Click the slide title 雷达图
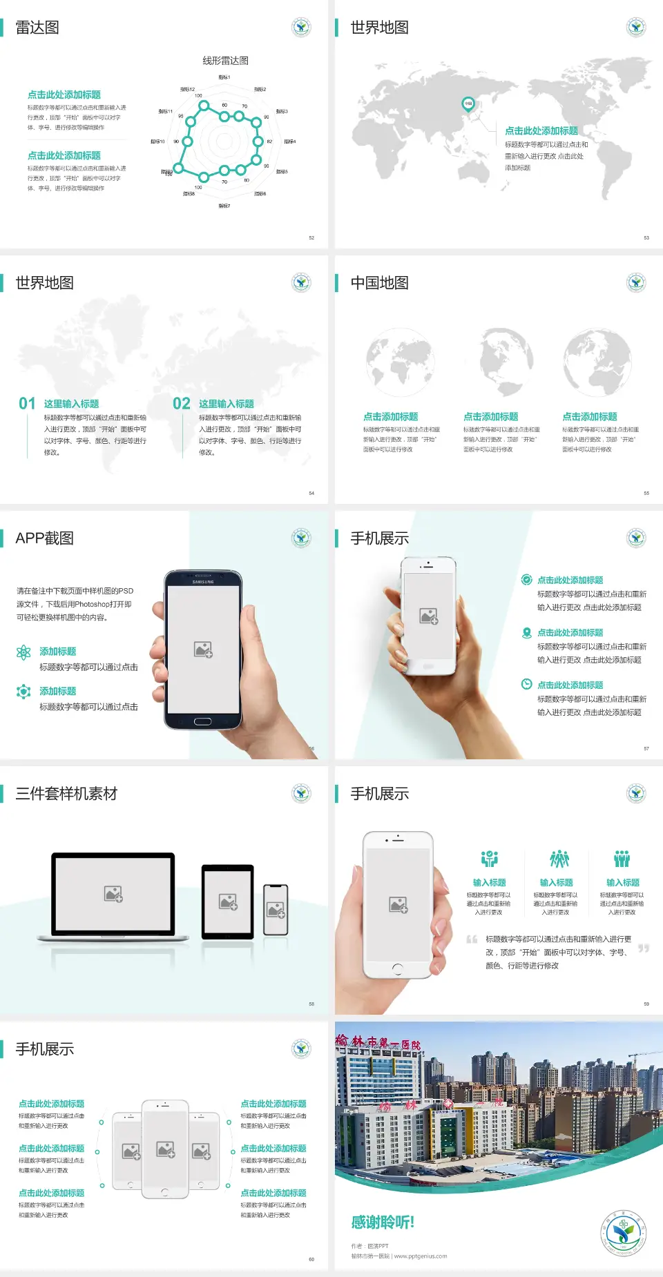(37, 28)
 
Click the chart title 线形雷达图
(225, 61)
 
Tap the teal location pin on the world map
(468, 104)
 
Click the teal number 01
(27, 404)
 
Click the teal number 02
(182, 404)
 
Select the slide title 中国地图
(379, 283)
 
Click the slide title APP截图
(45, 538)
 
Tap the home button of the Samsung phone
(202, 721)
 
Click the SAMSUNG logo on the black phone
(203, 582)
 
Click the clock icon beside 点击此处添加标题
(526, 684)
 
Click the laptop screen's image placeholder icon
(113, 894)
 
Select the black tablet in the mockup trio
(228, 901)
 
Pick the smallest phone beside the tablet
(276, 910)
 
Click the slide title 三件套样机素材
(66, 794)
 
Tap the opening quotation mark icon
(472, 939)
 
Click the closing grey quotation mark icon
(644, 948)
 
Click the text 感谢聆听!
(383, 1222)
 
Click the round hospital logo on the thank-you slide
(623, 1233)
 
